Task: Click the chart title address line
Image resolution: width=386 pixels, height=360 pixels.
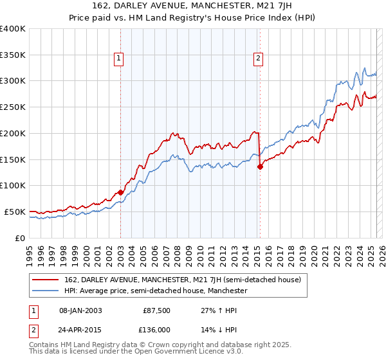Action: pyautogui.click(x=192, y=6)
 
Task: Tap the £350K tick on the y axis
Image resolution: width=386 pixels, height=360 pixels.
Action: pyautogui.click(x=13, y=55)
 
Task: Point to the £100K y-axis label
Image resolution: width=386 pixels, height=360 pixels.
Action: pyautogui.click(x=13, y=185)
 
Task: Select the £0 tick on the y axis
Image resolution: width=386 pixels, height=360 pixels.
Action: pyautogui.click(x=21, y=238)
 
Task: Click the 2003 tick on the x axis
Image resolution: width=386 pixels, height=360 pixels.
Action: pyautogui.click(x=121, y=249)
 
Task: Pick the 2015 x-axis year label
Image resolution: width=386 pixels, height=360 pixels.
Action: pyautogui.click(x=259, y=249)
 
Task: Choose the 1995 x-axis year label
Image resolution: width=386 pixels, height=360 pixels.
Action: pyautogui.click(x=30, y=249)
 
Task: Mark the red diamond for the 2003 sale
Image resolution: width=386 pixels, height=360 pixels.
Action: pyautogui.click(x=121, y=192)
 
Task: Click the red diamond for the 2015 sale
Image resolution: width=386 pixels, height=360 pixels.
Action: pyautogui.click(x=260, y=166)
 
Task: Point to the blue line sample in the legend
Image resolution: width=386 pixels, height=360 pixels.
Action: pyautogui.click(x=46, y=291)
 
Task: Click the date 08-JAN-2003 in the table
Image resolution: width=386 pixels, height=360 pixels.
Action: pyautogui.click(x=80, y=310)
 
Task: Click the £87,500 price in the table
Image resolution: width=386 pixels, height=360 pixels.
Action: pyautogui.click(x=156, y=310)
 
